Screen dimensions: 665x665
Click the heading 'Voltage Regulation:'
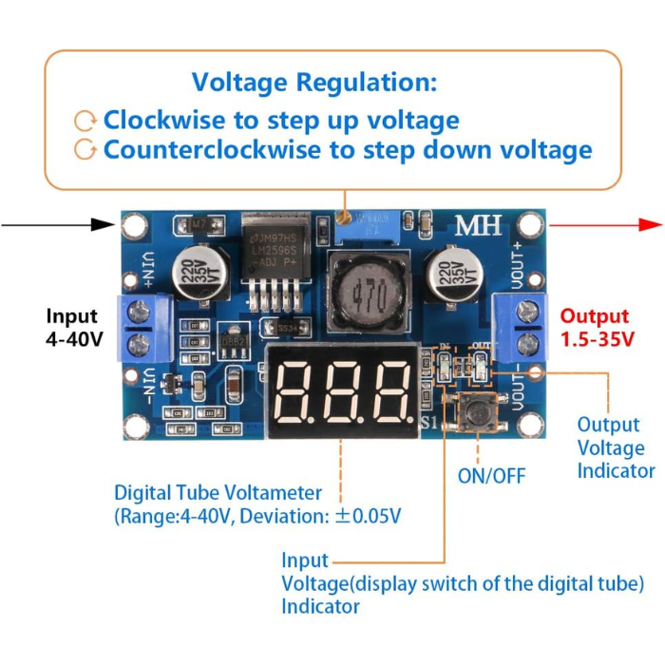click(314, 82)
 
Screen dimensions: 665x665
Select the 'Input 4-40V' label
click(72, 328)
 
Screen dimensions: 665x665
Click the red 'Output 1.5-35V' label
click(595, 328)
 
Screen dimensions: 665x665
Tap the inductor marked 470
click(367, 295)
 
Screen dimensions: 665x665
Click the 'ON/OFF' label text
click(490, 475)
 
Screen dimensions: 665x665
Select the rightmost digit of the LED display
click(389, 392)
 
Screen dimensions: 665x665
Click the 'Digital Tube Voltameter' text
click(218, 493)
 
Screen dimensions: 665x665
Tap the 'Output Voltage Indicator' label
click(617, 447)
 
